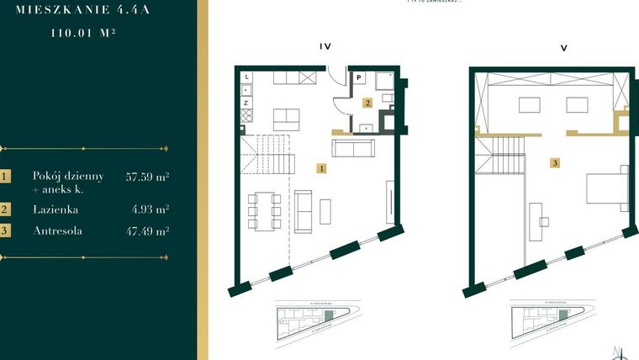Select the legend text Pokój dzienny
point(68,176)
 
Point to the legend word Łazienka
point(55,209)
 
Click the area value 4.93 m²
point(151,209)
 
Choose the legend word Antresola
point(58,230)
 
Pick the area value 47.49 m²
point(147,230)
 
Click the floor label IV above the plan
point(325,47)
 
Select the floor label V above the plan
point(563,47)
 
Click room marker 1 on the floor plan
point(322,168)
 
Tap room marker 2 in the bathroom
point(367,103)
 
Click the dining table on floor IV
point(263,210)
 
